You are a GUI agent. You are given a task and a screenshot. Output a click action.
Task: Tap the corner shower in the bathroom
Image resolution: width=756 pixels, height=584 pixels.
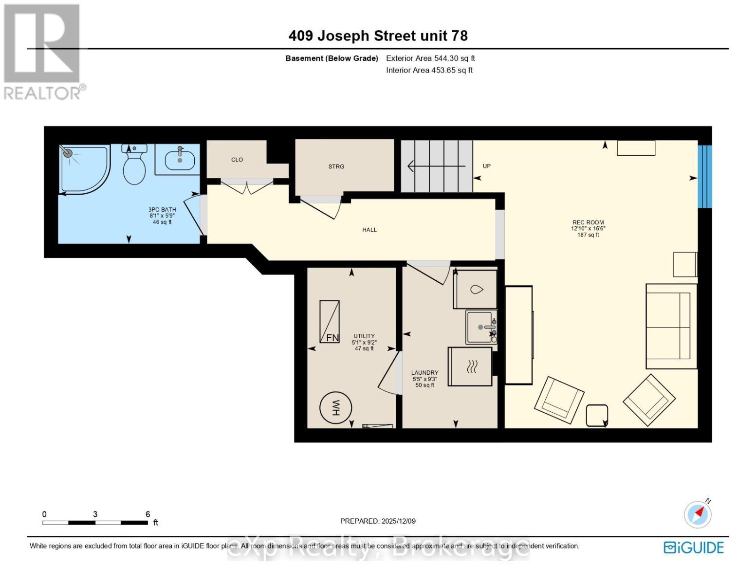pyautogui.click(x=83, y=168)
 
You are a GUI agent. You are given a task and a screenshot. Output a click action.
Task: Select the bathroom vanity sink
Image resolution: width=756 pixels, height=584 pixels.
pyautogui.click(x=180, y=159)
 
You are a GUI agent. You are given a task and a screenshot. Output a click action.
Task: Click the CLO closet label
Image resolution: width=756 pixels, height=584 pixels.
pyautogui.click(x=237, y=160)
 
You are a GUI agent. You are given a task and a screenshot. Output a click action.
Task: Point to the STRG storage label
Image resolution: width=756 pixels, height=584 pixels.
pyautogui.click(x=336, y=166)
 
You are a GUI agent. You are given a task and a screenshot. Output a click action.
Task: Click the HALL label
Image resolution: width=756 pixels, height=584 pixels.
pyautogui.click(x=369, y=230)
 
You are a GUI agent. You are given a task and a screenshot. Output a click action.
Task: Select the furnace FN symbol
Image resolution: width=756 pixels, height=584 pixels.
pyautogui.click(x=330, y=322)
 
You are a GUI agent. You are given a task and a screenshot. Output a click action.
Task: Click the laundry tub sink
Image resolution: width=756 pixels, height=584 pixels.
pyautogui.click(x=480, y=327)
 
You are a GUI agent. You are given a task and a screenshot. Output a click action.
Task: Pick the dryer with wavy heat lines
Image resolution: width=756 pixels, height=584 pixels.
pyautogui.click(x=470, y=366)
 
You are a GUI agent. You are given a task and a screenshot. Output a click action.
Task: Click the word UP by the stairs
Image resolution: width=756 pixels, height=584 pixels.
pyautogui.click(x=486, y=166)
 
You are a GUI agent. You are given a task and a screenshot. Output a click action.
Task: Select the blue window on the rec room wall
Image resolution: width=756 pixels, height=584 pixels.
pyautogui.click(x=704, y=177)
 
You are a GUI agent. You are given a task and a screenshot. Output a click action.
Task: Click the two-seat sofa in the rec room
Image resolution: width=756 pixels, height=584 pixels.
pyautogui.click(x=671, y=327)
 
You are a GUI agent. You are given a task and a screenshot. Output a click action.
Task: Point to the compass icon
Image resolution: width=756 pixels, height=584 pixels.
pyautogui.click(x=698, y=514)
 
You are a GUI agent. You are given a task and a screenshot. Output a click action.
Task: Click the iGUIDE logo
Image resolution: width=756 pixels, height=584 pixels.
pyautogui.click(x=694, y=547)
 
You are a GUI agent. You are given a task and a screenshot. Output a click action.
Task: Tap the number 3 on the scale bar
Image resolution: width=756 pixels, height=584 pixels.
pyautogui.click(x=95, y=514)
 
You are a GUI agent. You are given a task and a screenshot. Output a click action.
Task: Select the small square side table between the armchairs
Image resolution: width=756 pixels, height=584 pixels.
pyautogui.click(x=597, y=415)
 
